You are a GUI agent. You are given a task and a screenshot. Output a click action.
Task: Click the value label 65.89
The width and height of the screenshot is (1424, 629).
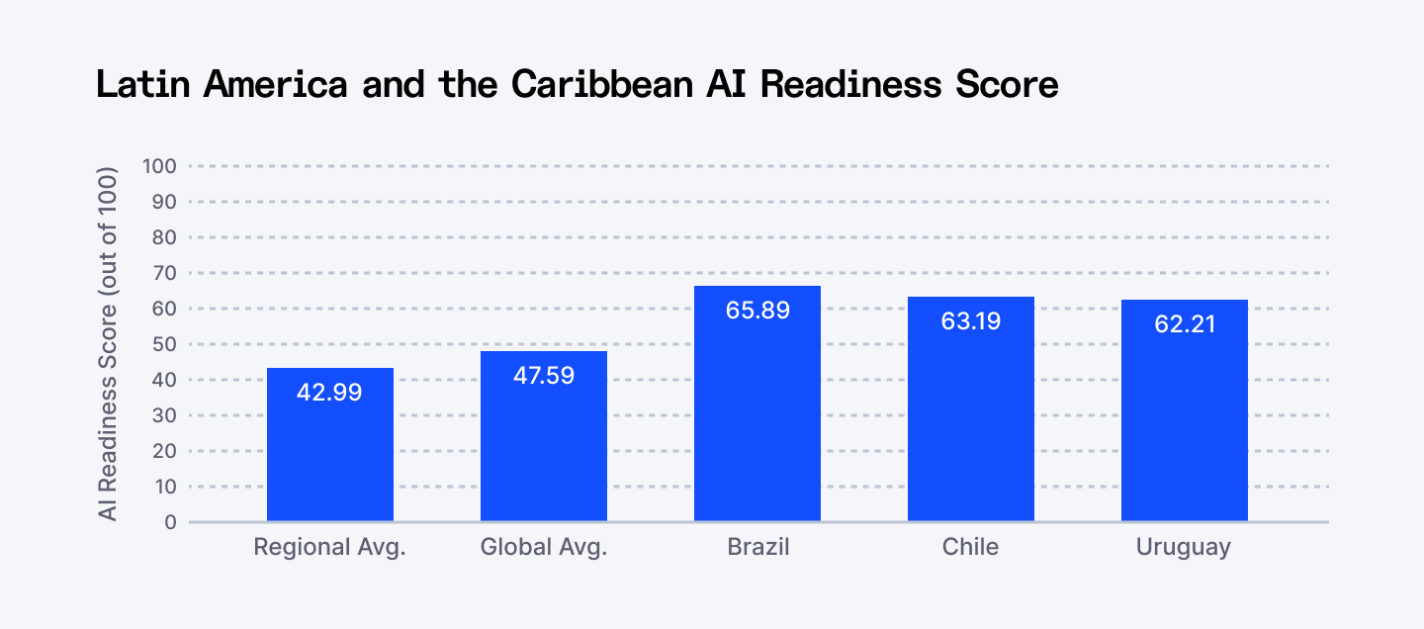[757, 311]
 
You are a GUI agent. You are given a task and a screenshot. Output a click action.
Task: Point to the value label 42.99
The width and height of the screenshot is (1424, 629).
[330, 393]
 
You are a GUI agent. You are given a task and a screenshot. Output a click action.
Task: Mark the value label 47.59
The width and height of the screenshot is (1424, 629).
[544, 376]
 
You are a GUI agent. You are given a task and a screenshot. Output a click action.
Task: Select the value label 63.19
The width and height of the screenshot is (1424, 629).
[971, 320]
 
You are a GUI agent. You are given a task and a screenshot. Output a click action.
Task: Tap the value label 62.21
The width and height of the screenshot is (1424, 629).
[1185, 323]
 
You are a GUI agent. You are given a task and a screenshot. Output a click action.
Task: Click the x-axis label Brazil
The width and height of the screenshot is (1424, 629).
[757, 547]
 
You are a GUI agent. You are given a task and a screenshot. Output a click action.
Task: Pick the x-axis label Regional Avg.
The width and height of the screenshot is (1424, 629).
[330, 547]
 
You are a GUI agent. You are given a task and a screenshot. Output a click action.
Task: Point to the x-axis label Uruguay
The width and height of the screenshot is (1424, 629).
[1185, 547]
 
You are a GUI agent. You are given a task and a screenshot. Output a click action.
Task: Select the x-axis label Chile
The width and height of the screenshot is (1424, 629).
[971, 547]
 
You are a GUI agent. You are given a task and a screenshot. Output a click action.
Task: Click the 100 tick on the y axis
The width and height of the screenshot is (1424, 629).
[158, 166]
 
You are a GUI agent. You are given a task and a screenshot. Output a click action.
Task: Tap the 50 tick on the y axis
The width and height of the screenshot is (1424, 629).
[163, 344]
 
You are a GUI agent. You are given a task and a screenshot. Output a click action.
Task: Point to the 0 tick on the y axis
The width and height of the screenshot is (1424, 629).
[169, 522]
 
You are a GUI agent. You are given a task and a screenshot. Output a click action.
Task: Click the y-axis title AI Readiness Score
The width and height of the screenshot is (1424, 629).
[108, 344]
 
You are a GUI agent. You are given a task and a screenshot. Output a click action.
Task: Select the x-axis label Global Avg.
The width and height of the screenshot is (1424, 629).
[544, 547]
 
